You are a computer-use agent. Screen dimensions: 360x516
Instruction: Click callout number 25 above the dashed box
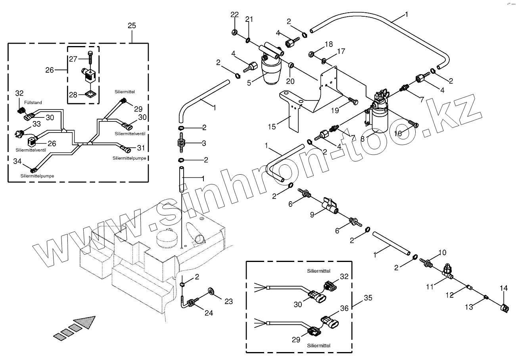132,26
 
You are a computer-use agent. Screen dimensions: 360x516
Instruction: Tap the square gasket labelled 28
90,94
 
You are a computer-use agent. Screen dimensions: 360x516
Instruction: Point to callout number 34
17,161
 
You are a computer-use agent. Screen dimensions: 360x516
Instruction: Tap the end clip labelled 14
504,307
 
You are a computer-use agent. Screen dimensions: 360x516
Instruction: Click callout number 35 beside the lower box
368,298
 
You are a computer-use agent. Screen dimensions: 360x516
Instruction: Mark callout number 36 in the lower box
344,308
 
